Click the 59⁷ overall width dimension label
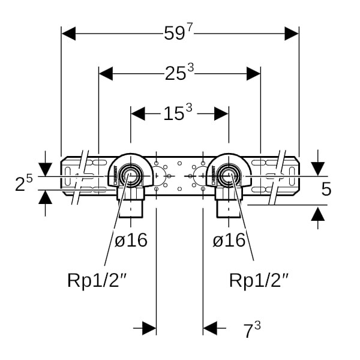click(x=179, y=34)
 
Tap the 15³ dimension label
click(x=178, y=112)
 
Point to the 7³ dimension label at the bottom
click(x=251, y=329)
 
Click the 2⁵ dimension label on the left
click(x=23, y=184)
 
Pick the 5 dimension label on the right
click(x=326, y=189)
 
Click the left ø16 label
click(x=131, y=241)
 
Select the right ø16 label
click(x=229, y=241)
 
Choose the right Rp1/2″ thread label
click(x=259, y=280)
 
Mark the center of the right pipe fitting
click(x=228, y=176)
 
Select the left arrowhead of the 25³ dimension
click(x=106, y=73)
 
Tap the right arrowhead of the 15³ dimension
click(x=221, y=112)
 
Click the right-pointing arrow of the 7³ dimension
click(x=149, y=328)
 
